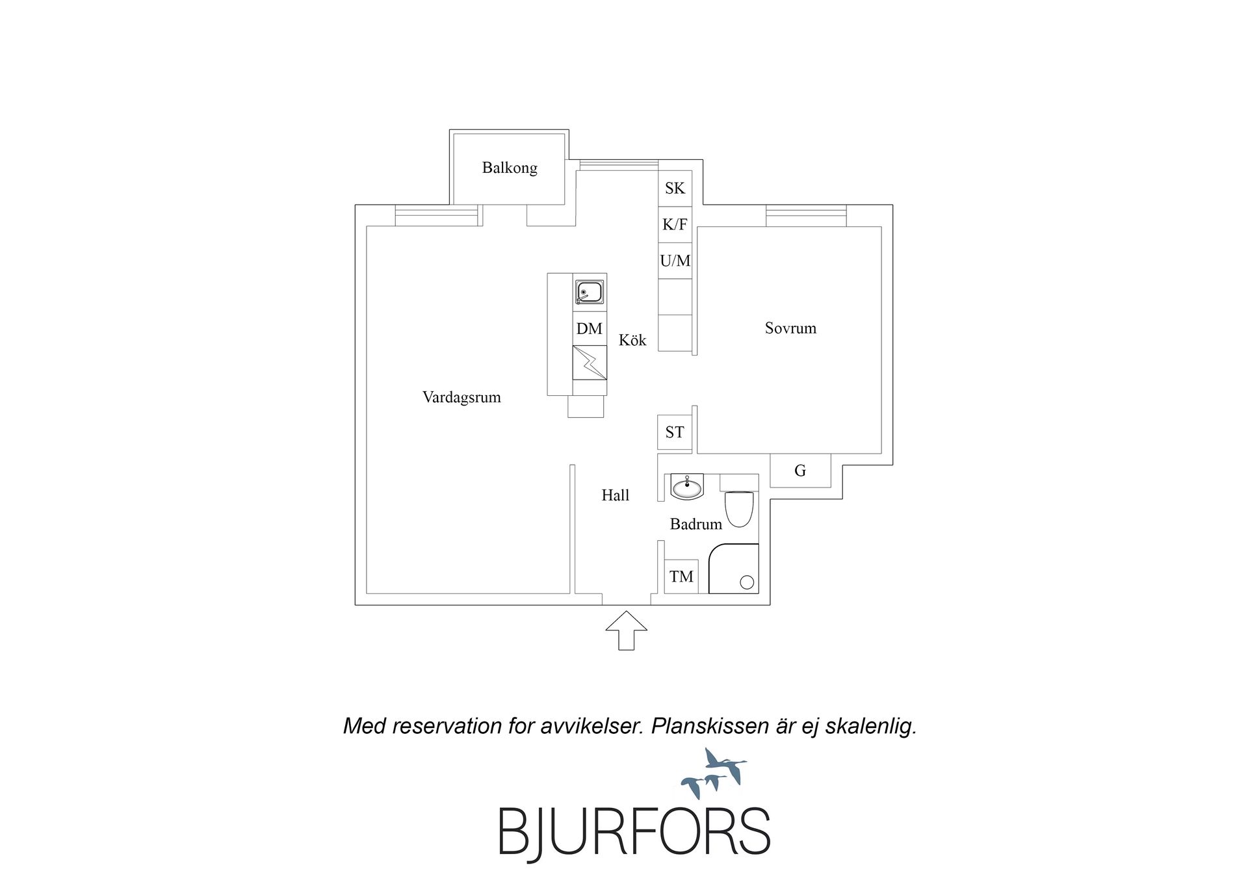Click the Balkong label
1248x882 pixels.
[x=510, y=168]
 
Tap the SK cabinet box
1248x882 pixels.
[x=675, y=188]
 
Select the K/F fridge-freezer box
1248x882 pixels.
[x=675, y=225]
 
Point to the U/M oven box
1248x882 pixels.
[x=675, y=261]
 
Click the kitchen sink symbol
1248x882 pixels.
[x=590, y=292]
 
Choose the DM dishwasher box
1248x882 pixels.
[x=590, y=328]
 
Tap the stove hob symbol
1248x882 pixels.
[x=590, y=363]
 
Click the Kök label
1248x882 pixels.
[x=632, y=340]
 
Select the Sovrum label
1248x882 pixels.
[x=790, y=328]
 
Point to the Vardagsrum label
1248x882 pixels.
[x=461, y=397]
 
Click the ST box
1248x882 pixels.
[x=675, y=432]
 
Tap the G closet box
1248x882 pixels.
[x=800, y=471]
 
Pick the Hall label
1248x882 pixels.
[x=616, y=495]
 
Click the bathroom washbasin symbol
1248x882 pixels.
[x=687, y=487]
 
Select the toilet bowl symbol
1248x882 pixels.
[x=739, y=509]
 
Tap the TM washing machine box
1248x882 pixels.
[x=681, y=577]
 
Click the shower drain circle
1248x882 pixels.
[x=747, y=582]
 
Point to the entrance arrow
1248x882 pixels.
[x=627, y=630]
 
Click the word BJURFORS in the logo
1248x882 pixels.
[x=634, y=831]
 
